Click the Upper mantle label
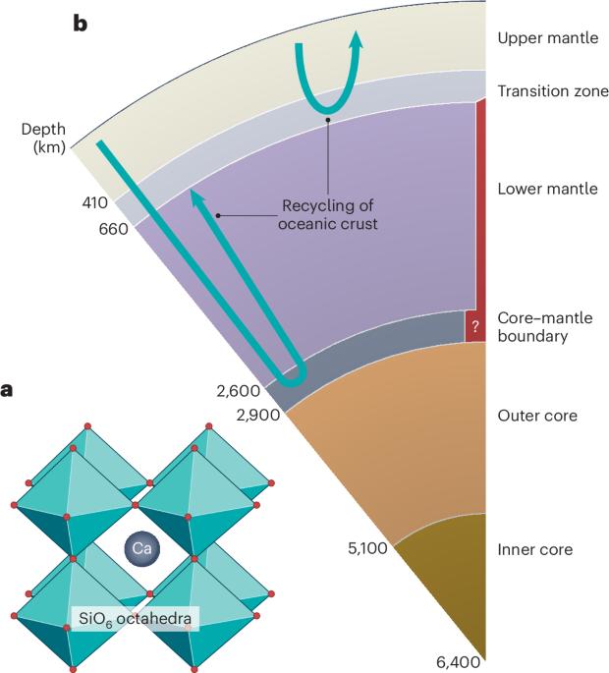coord(548,38)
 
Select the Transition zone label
coord(553,91)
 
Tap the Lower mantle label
coord(548,189)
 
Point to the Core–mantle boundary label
coord(545,326)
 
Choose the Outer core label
coord(537,416)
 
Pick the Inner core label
coord(535,549)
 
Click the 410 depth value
coord(95,202)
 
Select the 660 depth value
coord(114,229)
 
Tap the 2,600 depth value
coord(238,391)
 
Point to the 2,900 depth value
coord(258,415)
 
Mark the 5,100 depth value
coord(367,548)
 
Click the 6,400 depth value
coord(459,662)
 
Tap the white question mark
coord(474,327)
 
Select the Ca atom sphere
coord(142,548)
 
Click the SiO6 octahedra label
coord(135,619)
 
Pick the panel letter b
coord(80,24)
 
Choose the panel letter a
coord(7,391)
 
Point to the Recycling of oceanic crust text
coord(327,214)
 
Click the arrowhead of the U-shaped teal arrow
coord(356,40)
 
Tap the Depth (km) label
coord(44,138)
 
